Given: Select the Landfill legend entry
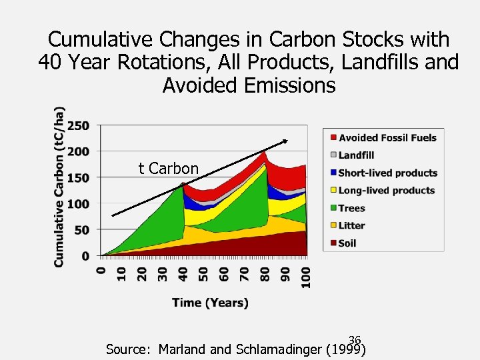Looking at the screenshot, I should (356, 155).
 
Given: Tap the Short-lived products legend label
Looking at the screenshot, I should (387, 173).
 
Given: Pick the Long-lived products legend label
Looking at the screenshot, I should (387, 191).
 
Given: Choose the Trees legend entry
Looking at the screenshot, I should (351, 208).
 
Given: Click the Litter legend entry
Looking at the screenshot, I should (351, 225).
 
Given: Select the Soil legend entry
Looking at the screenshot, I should (347, 243).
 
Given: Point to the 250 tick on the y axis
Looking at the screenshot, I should (79, 125).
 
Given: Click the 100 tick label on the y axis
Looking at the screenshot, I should (79, 203).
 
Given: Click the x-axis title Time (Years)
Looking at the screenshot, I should (210, 303).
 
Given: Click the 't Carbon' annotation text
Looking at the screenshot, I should (168, 169).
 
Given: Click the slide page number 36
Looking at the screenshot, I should (354, 340).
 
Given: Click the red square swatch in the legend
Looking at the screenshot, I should (331, 138).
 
